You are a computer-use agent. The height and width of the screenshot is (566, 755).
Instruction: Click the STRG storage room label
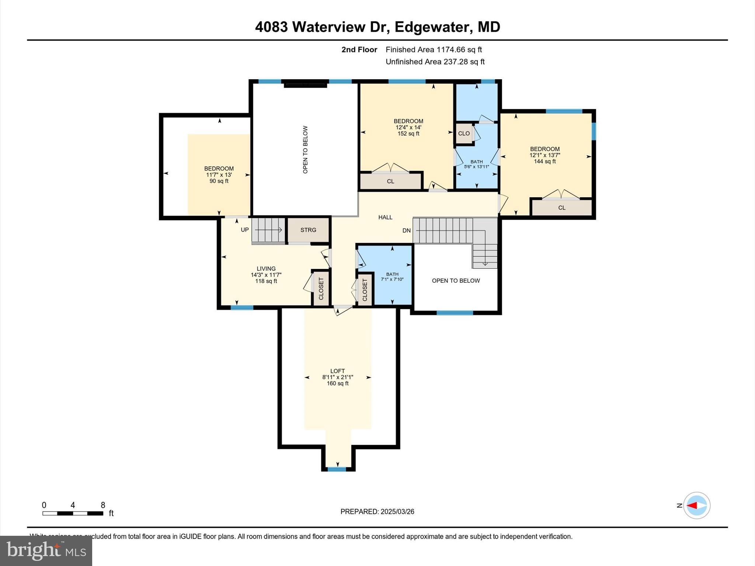pos(308,230)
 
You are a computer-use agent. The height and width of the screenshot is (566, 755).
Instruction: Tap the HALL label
pos(385,217)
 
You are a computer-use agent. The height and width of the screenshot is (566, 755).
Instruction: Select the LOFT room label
pos(337,371)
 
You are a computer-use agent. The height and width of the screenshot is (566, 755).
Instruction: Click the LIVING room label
pos(266,269)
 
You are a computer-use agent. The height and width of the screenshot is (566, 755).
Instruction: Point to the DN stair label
pos(406,231)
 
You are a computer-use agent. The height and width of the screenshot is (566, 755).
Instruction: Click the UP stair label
pos(245,230)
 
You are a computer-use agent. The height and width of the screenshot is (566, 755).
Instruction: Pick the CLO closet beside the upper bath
pos(464,133)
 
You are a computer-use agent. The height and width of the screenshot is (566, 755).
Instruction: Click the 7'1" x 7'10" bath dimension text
pos(392,279)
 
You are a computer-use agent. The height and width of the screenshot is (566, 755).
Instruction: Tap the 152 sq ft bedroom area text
pos(408,134)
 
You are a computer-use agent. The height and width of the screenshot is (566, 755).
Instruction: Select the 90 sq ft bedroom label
pos(219,175)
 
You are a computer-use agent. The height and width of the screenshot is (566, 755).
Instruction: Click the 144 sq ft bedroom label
pos(544,155)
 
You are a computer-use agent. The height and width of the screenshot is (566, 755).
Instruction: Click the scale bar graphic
pos(73,513)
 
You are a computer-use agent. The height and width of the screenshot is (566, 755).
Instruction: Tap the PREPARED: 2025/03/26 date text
pos(377,511)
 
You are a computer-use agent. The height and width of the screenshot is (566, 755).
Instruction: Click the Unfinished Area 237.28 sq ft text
pos(435,62)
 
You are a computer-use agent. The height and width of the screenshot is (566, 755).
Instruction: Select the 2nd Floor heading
pos(359,50)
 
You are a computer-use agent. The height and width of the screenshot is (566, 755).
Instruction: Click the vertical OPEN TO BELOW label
pos(305,150)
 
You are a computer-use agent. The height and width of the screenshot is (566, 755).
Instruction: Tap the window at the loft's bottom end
pos(337,469)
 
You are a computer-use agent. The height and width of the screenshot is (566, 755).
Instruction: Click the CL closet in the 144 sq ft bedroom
pos(561,208)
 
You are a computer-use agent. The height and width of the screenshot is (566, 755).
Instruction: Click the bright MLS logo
pos(46,551)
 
